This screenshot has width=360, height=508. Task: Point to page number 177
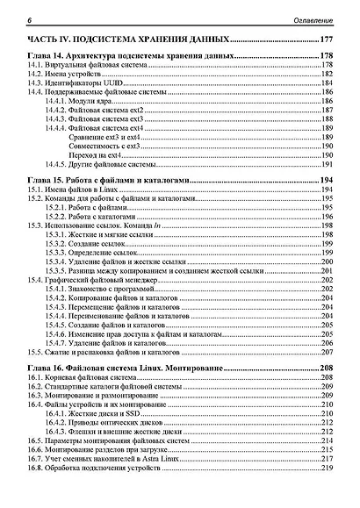tap(328, 41)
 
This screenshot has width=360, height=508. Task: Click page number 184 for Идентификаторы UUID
tap(329, 83)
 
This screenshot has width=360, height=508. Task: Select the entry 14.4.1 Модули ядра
tap(84, 102)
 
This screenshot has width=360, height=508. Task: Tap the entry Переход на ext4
tap(106, 155)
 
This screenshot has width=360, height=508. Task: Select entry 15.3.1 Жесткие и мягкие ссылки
tap(104, 235)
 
